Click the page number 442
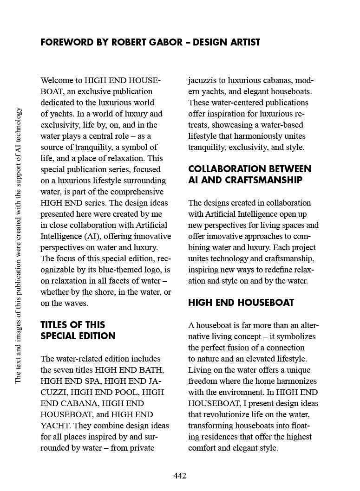[180, 476]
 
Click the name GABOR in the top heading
[169, 42]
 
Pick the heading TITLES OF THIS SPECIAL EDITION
[78, 330]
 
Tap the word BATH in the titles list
[153, 370]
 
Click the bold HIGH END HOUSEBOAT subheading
[241, 303]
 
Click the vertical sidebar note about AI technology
[18, 245]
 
